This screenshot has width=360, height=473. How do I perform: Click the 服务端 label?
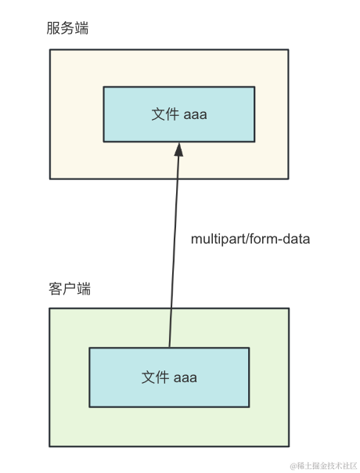coord(67,28)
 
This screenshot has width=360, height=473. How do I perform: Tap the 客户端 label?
coord(70,289)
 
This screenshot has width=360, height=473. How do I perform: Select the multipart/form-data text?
coord(250,239)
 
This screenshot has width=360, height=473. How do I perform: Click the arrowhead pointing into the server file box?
coord(178,150)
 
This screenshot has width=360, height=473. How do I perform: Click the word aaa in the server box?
coord(195,115)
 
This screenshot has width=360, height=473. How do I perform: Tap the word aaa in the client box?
coord(185,378)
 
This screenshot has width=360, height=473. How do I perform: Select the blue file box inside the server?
coord(179,114)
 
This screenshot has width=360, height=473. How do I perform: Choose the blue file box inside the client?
coord(169,377)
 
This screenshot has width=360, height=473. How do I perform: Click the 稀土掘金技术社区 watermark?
coord(323,466)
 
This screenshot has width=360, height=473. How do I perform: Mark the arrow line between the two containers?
coord(174,245)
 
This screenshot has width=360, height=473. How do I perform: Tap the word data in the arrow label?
coord(297,239)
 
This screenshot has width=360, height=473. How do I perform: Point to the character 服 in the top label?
coord(53,28)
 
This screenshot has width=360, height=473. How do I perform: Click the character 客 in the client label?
coord(56,289)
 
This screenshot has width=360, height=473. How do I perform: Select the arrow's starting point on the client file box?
coord(170,348)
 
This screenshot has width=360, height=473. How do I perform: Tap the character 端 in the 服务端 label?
coord(81,28)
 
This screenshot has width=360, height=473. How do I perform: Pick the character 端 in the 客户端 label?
coord(84,289)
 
